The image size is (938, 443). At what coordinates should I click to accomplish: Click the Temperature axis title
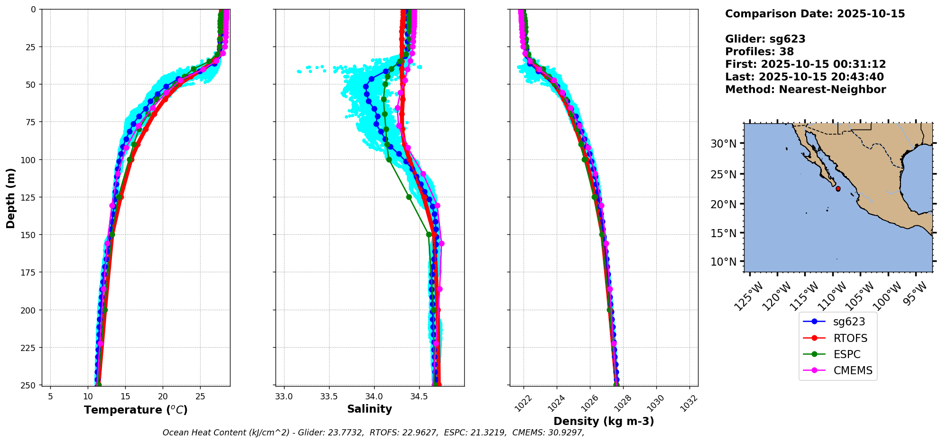point(136,410)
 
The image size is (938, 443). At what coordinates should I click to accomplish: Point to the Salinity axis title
point(369,409)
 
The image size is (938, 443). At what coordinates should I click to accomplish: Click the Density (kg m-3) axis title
point(604,421)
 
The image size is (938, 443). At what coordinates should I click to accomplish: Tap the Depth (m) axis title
point(10,198)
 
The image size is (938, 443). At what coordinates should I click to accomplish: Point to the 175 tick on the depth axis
point(29,272)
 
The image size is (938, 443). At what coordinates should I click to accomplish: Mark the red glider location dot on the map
point(838,189)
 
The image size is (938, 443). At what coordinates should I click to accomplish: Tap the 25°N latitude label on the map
point(723,174)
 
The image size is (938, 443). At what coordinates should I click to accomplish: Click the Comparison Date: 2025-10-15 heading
point(815,14)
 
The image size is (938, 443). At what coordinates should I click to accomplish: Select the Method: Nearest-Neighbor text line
point(805,89)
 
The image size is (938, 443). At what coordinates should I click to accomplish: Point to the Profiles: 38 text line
point(759,52)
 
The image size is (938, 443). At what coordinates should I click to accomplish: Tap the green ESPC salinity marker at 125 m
point(409,197)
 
